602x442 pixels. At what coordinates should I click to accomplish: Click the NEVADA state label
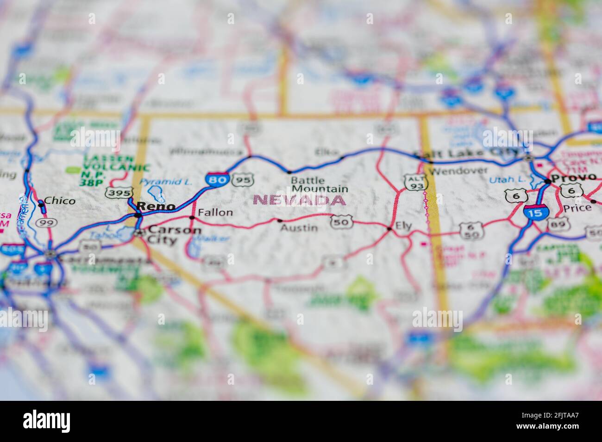300,201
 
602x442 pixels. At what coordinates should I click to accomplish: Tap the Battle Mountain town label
320,184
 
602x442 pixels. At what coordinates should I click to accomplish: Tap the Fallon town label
215,213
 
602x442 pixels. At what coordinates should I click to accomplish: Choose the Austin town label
299,227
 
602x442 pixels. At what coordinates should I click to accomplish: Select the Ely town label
403,226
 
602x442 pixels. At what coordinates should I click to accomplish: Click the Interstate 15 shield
536,212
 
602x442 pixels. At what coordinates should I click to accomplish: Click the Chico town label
60,201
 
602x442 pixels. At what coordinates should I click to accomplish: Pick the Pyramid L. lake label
166,182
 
